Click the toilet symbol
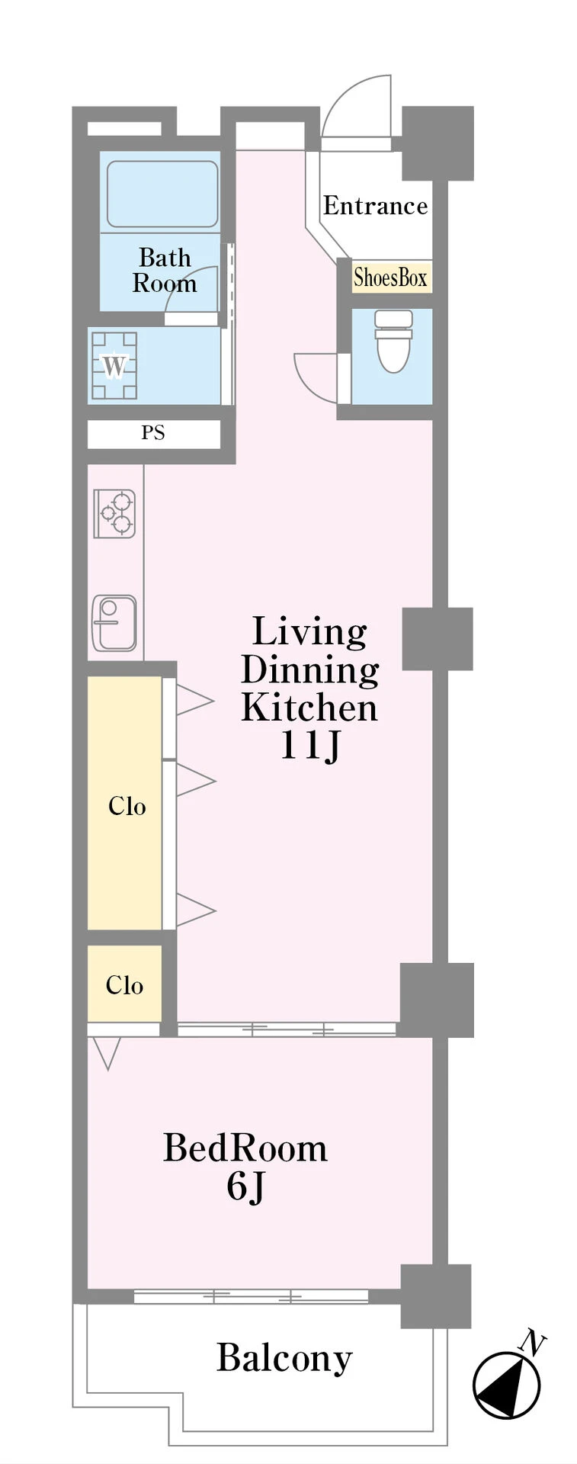click(394, 340)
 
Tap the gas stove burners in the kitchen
click(114, 513)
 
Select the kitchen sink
click(114, 621)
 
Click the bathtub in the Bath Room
click(162, 194)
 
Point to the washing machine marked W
click(114, 366)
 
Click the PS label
click(153, 433)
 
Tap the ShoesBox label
click(390, 278)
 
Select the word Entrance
click(375, 206)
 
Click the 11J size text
click(309, 745)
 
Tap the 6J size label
click(245, 1186)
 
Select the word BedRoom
click(245, 1148)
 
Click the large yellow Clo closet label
click(127, 806)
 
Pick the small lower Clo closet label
click(124, 985)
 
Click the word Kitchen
click(309, 708)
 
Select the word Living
click(309, 633)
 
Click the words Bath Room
click(165, 271)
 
